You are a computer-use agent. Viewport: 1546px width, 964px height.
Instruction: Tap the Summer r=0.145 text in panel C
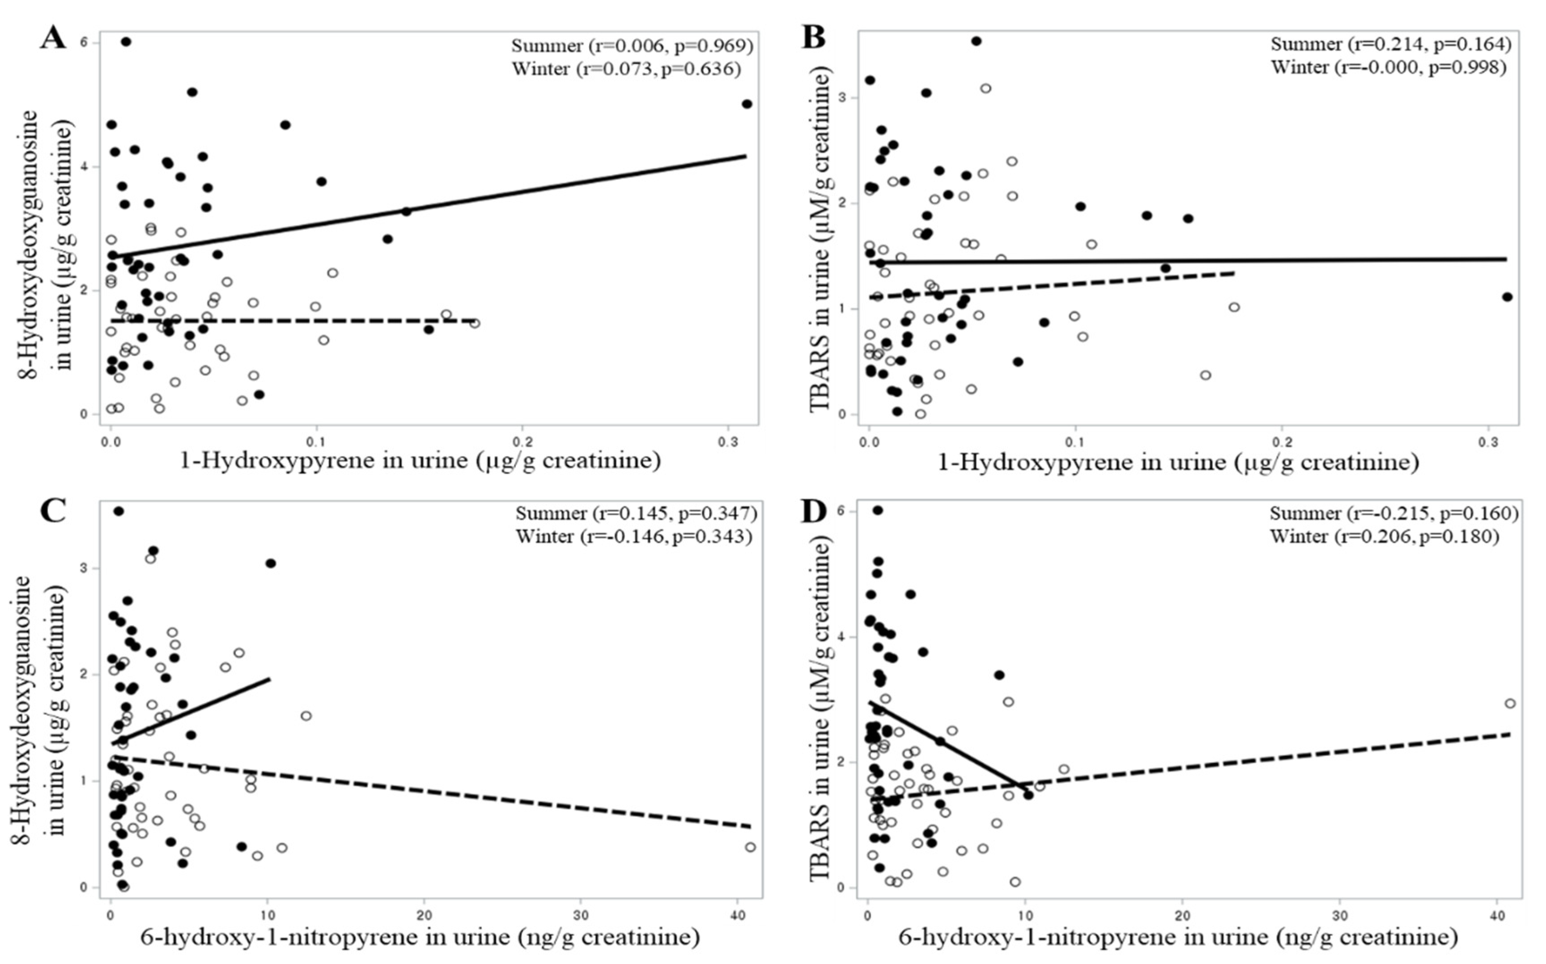[636, 513]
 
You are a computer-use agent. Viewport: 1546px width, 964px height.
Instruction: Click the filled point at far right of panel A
[747, 104]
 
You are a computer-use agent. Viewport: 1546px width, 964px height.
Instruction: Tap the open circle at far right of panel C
[750, 847]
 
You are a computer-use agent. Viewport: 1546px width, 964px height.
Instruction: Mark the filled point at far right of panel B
[1507, 297]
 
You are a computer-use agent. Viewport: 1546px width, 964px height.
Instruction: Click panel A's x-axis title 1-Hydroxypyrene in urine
[420, 460]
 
